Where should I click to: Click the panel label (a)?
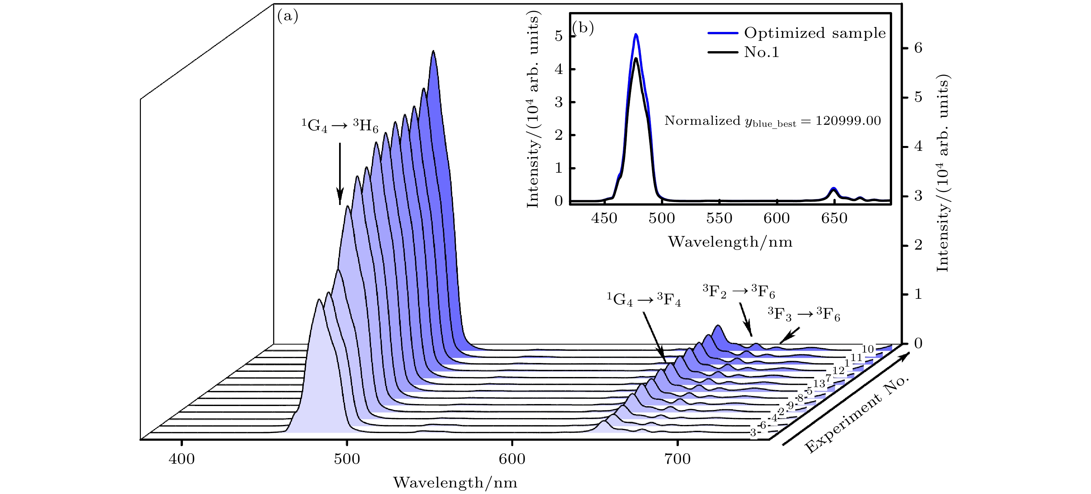(x=288, y=17)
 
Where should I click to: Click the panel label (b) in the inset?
(x=583, y=28)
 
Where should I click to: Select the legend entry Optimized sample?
(x=815, y=33)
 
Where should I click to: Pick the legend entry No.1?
(x=761, y=52)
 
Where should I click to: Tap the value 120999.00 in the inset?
(x=848, y=121)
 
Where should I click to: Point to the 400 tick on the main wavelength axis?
(x=182, y=459)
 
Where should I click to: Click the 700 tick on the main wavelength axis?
(x=678, y=459)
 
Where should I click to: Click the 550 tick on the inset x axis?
(x=719, y=218)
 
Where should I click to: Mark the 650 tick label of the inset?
(x=834, y=218)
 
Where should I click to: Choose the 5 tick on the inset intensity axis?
(x=559, y=36)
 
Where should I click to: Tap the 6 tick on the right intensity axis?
(x=918, y=48)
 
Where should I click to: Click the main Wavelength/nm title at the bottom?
(x=455, y=483)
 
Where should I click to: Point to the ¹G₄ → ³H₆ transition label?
(x=340, y=126)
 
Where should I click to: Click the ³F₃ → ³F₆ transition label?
(x=803, y=314)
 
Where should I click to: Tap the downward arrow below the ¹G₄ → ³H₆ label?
(x=340, y=174)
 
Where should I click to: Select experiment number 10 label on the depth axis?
(x=868, y=349)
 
